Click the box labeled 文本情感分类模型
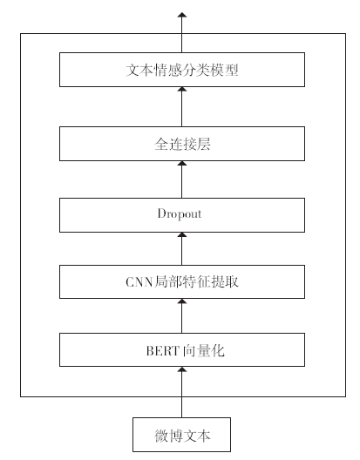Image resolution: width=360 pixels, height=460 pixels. (x=182, y=70)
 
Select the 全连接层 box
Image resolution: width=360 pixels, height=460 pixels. (x=182, y=144)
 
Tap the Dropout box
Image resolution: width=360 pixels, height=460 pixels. (x=182, y=215)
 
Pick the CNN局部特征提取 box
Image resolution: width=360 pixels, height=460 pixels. (x=182, y=281)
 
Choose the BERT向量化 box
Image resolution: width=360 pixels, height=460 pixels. (x=182, y=349)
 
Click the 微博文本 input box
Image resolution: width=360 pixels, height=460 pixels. (x=182, y=435)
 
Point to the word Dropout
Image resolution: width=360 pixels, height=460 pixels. (x=180, y=213)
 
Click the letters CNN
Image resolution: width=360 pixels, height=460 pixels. (x=139, y=282)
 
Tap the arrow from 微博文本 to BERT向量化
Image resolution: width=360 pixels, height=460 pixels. (x=182, y=392)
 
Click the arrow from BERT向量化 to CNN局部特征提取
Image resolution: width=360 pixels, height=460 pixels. (x=182, y=315)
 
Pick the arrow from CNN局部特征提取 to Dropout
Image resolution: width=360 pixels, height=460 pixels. (x=182, y=249)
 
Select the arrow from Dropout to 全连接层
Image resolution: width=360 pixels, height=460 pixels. (x=182, y=179)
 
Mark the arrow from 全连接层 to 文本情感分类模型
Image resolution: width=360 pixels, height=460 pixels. (x=182, y=107)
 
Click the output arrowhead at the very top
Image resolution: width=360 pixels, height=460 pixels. (x=182, y=15)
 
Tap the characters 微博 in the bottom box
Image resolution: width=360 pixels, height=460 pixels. (x=168, y=436)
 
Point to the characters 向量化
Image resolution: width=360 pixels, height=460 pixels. (x=204, y=351)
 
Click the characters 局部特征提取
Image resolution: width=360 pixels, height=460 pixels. (x=196, y=282)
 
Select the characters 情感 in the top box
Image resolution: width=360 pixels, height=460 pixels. (x=168, y=70)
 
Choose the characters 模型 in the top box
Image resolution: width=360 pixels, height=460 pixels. (x=225, y=70)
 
